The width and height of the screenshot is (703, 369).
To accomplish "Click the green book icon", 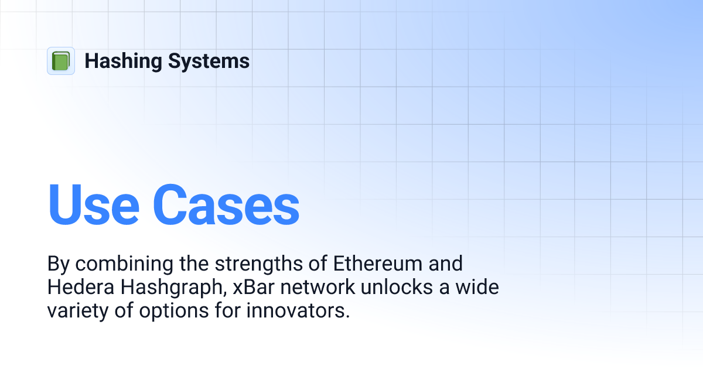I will pos(61,61).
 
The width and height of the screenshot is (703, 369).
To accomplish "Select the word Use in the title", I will pos(93,205).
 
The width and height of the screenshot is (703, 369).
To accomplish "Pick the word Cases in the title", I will pos(227,205).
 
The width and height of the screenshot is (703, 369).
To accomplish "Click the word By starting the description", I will pos(57,264).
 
